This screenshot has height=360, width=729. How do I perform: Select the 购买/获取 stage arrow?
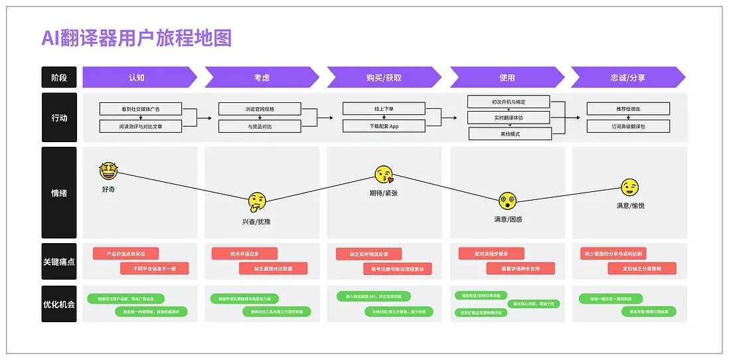[x=383, y=77]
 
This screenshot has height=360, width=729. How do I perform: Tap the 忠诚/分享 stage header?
[x=627, y=77]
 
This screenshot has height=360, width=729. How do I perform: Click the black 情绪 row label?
[x=59, y=193]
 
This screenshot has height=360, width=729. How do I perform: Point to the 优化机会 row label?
[x=59, y=304]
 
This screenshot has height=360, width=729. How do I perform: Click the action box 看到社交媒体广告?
[x=139, y=108]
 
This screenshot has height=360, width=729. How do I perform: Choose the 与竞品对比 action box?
[x=260, y=126]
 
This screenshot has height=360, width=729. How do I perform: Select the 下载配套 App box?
[x=384, y=126]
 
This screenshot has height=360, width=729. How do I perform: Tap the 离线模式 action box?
[x=510, y=134]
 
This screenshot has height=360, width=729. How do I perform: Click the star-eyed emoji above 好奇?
[x=108, y=171]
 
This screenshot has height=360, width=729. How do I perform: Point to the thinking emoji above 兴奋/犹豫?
[x=257, y=200]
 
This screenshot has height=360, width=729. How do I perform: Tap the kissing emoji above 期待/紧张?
[x=384, y=175]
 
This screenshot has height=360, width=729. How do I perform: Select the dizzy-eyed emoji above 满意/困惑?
[x=508, y=200]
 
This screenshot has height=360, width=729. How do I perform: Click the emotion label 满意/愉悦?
[x=630, y=206]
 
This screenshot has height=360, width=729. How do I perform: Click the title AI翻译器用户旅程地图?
[x=136, y=38]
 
